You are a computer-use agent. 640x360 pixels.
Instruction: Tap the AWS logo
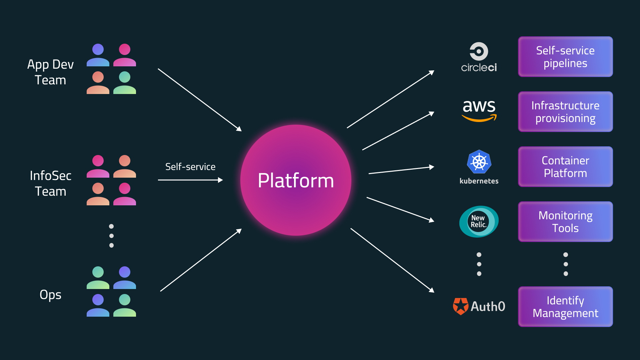479,110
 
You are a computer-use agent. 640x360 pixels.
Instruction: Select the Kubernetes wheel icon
479,162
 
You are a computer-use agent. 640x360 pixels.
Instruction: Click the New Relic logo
479,221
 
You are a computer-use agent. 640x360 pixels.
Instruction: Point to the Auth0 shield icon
461,306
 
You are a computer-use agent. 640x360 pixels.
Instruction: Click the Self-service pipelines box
565,57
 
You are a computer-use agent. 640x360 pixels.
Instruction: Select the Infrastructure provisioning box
565,112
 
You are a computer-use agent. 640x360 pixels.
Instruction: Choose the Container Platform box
565,167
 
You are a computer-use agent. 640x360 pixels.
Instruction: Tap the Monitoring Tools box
565,222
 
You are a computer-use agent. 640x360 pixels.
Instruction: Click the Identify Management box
565,307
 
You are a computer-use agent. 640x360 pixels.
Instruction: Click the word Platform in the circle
296,181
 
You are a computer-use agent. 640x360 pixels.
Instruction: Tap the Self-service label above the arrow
190,167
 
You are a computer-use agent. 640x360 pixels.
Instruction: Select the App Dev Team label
50,72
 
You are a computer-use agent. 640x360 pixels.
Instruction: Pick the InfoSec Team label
50,183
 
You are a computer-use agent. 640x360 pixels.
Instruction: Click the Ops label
50,295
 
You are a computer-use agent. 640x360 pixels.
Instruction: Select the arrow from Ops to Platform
201,260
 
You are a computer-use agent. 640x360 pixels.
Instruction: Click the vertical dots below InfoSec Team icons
111,236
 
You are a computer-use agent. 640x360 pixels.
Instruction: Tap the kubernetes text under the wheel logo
479,181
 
